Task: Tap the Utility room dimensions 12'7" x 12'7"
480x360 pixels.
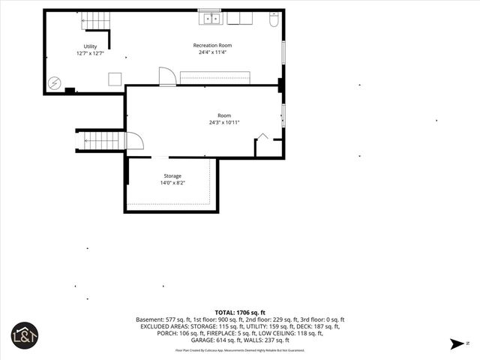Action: [x=90, y=53]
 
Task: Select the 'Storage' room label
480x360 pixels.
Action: [x=172, y=176]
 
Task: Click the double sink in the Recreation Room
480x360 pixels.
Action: [x=209, y=18]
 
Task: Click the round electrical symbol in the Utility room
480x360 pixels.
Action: [x=54, y=83]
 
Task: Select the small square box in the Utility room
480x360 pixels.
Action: [x=115, y=78]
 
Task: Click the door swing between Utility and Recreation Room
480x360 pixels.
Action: [x=166, y=76]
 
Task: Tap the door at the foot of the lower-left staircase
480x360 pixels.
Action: [x=133, y=141]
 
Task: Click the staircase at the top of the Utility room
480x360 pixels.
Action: [x=94, y=21]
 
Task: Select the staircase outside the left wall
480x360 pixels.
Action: [x=100, y=140]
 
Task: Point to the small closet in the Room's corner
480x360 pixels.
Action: [x=268, y=145]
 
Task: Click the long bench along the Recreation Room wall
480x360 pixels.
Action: [x=214, y=78]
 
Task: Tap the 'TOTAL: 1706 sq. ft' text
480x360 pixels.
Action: [x=240, y=312]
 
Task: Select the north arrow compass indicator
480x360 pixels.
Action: [x=457, y=343]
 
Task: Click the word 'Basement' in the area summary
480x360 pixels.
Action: [x=148, y=319]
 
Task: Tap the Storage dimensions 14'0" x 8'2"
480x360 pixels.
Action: [x=172, y=183]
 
